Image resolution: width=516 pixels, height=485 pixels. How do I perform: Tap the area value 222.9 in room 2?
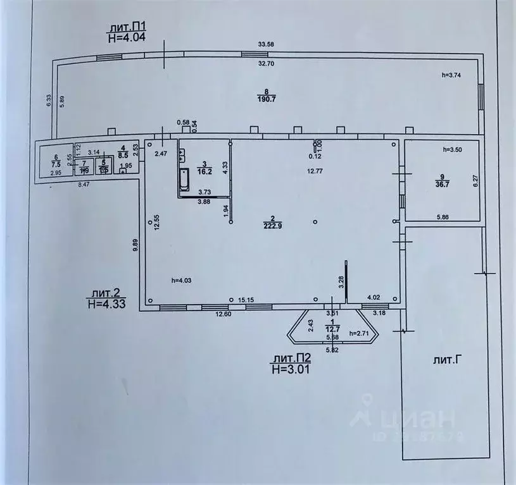tap(275, 227)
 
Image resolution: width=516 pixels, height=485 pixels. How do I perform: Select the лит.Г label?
tap(446, 360)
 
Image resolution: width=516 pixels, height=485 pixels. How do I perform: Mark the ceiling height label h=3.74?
tap(454, 75)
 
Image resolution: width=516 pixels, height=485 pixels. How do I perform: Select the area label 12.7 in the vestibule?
tap(332, 328)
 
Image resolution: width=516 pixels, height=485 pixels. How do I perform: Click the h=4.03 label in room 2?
tap(183, 280)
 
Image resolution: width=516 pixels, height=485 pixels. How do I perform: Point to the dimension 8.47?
tap(84, 185)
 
